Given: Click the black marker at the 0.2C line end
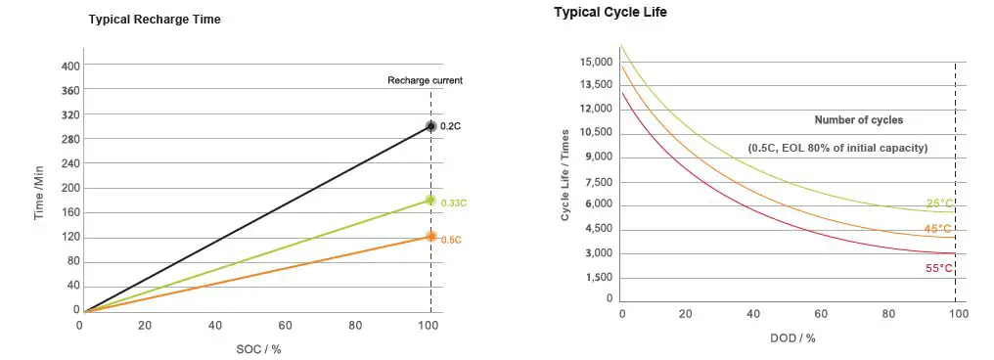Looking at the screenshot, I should click(430, 126).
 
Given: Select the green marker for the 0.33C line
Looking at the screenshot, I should click(430, 200).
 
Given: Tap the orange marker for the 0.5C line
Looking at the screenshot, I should click(430, 236).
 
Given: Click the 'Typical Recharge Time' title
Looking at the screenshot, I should click(155, 20).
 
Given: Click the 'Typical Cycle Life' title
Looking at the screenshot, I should click(610, 12).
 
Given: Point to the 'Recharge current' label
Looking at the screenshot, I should click(425, 80).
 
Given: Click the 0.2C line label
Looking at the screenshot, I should click(450, 127).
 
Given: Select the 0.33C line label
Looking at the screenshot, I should click(453, 202).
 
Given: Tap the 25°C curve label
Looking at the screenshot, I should click(939, 203).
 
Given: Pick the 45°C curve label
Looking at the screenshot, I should click(937, 229).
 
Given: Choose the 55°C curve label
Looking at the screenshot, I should click(939, 267).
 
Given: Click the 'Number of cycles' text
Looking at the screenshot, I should click(858, 120).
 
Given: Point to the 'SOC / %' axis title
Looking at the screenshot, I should click(258, 348).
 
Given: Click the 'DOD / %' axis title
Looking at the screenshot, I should click(791, 337).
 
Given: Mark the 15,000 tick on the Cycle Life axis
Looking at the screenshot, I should click(596, 63).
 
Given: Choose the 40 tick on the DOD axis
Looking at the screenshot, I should click(754, 315).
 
